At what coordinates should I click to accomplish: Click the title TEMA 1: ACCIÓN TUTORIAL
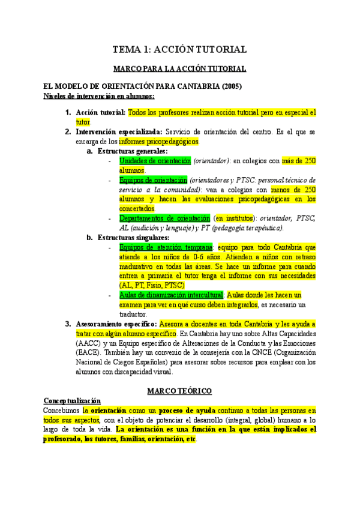(180, 49)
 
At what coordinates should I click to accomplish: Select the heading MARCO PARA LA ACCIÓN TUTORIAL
(180, 70)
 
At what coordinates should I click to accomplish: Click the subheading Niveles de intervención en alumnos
(99, 95)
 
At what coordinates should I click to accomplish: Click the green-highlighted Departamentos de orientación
(165, 218)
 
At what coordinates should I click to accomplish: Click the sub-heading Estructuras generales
(133, 151)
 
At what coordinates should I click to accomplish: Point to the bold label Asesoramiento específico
(116, 324)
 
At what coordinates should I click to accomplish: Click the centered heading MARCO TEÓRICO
(179, 391)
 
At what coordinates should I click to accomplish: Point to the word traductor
(133, 314)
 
